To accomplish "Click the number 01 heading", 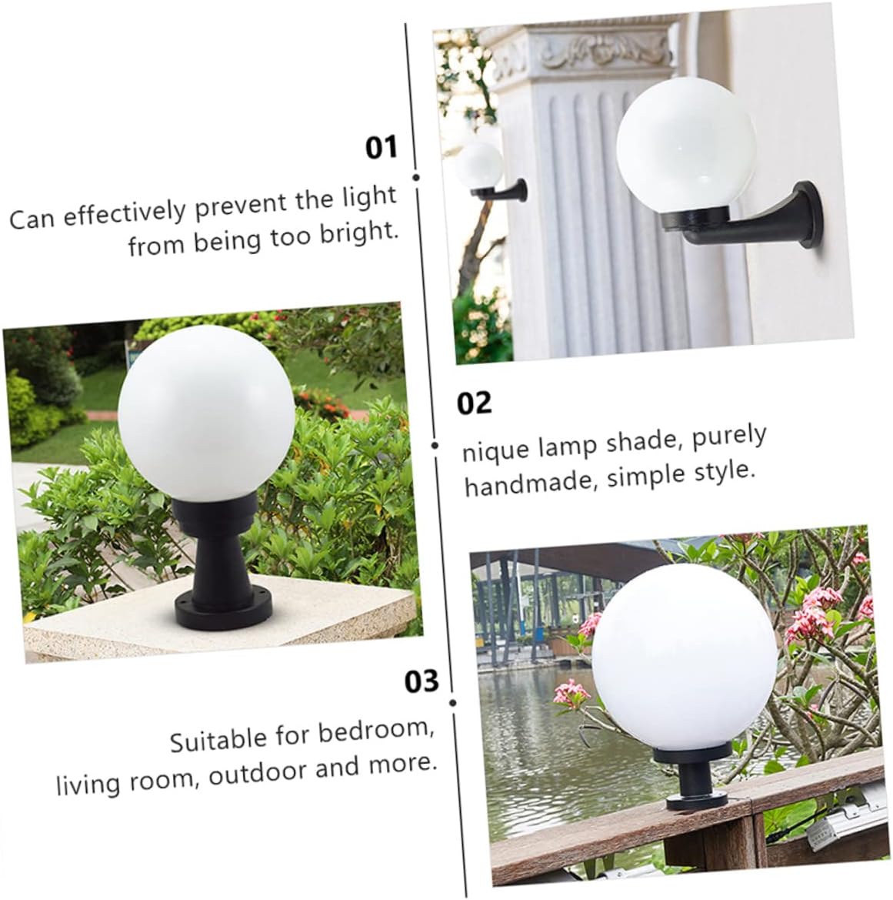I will [x=381, y=146].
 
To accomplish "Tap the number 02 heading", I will [x=474, y=403].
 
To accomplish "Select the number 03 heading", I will [x=422, y=681].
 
